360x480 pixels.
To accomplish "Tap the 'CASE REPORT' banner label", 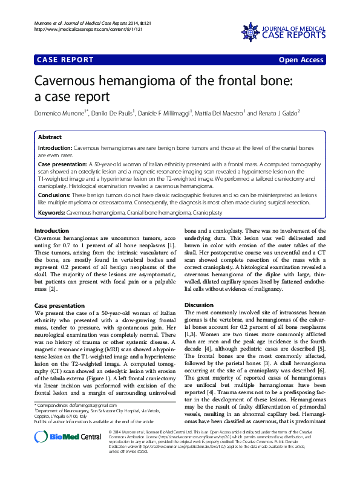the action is click(65, 60).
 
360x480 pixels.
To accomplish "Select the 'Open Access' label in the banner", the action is click(301, 60).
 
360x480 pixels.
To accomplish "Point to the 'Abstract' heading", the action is click(50, 137).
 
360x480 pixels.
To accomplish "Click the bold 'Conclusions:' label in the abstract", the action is click(55, 195).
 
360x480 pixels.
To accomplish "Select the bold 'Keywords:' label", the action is click(51, 213).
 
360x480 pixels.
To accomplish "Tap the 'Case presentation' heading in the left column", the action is click(59, 306).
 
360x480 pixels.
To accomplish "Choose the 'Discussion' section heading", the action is click(199, 305).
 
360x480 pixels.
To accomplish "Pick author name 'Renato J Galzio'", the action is click(278, 113).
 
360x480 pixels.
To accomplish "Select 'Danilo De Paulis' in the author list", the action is click(113, 113).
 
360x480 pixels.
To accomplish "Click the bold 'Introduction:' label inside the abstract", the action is click(54, 148).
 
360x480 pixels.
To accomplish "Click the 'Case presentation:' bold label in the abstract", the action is click(62, 164).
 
